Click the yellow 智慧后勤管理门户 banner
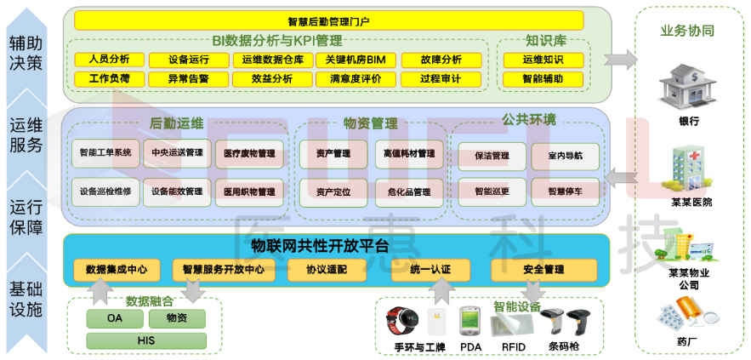pos(328,20)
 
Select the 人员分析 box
pos(109,60)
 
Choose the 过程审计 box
pos(441,79)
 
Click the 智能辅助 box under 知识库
pos(543,79)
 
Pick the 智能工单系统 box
pos(105,153)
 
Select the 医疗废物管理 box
pos(249,154)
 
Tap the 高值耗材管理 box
pos(409,154)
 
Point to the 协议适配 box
pos(327,270)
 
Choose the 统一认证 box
pos(430,270)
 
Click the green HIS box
pos(146,340)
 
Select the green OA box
pos(115,318)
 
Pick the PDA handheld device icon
pos(469,321)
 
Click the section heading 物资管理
pos(370,123)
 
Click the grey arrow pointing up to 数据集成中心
pos(100,293)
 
